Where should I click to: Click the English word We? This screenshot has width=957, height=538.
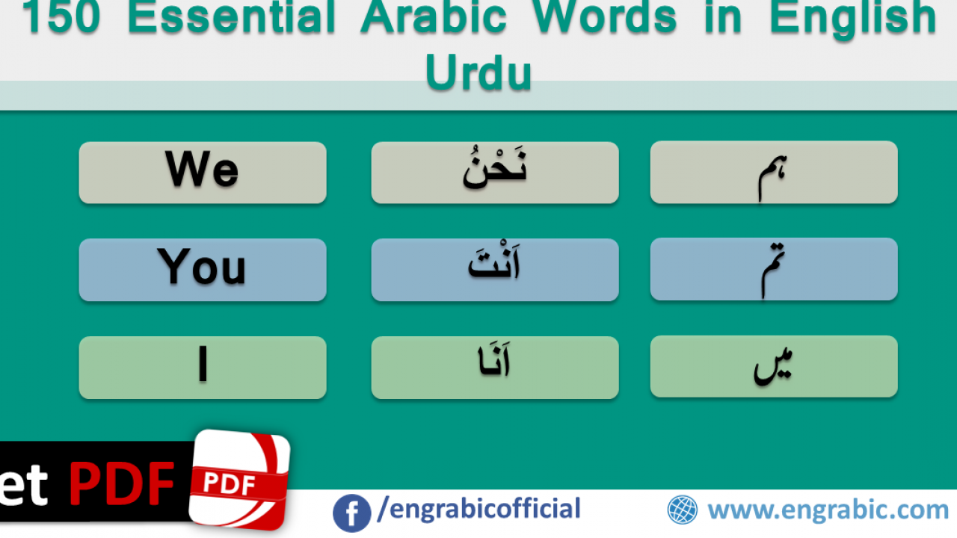[202, 169]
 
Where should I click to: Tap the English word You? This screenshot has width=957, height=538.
[202, 267]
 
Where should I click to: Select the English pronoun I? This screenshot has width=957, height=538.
[203, 364]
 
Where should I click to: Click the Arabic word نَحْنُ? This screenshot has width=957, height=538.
[495, 167]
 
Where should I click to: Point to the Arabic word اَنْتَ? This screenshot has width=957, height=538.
[494, 262]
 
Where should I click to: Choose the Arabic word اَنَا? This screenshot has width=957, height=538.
[494, 360]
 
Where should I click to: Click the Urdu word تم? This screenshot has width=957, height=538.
[773, 270]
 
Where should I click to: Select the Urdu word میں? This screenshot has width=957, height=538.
[773, 367]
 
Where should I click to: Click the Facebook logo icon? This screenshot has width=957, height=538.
[351, 513]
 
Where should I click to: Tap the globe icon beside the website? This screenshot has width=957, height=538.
[683, 510]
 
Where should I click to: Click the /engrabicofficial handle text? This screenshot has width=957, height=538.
[479, 509]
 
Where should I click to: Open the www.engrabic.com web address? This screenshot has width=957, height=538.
[828, 510]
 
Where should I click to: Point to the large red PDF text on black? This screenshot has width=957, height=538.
[122, 483]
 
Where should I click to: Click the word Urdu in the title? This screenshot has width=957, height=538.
[478, 72]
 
